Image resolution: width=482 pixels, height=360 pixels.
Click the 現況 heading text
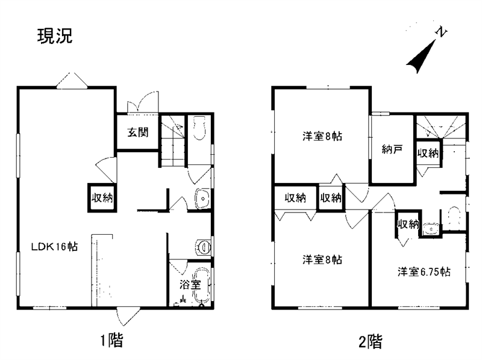55,36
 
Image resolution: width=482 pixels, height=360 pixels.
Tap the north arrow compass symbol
425,51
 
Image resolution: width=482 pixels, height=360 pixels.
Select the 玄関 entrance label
138,132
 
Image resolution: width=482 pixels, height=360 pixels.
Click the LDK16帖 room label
55,246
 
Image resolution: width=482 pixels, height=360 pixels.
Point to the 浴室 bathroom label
190,284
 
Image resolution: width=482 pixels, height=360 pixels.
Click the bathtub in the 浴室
202,286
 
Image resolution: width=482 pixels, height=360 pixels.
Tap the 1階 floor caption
112,340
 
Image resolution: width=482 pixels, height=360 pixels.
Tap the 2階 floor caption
371,341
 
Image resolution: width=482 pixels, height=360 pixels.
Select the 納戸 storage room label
392,149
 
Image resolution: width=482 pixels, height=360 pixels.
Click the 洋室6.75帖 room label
424,272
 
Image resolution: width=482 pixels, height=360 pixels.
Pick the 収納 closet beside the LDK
102,198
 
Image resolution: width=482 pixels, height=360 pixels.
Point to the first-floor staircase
173,141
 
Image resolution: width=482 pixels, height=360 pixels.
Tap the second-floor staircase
440,127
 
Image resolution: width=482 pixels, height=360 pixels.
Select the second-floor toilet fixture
454,218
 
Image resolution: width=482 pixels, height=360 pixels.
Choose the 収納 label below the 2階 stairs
428,152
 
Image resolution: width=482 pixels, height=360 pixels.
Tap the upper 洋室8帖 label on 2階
322,136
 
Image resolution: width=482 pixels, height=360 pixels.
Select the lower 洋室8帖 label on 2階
322,260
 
